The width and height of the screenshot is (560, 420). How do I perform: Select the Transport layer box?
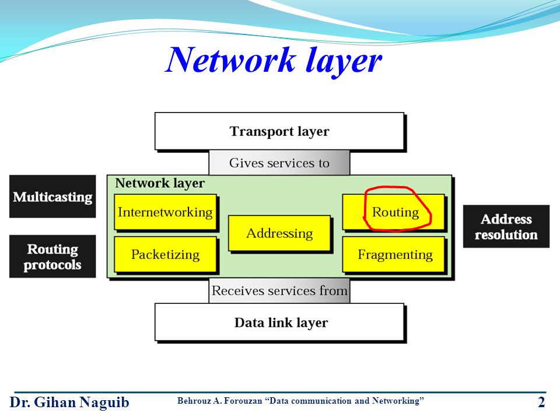pos(279,132)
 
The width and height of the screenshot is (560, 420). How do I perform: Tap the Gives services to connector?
pos(279,163)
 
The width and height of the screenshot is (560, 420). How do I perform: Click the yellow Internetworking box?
pos(165,212)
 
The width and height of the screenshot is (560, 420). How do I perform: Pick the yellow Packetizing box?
pos(165,254)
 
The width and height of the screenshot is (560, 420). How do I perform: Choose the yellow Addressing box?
pos(279,233)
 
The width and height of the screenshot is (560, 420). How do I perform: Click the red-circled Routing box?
pos(394,212)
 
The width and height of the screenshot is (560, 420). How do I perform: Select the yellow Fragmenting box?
pos(394,254)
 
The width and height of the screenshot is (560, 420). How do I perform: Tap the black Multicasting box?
pos(52,197)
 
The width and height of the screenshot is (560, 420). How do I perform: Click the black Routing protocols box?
pos(52,257)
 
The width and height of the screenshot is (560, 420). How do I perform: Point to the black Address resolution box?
pos(506,227)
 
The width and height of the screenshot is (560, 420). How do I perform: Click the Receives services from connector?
pos(279,290)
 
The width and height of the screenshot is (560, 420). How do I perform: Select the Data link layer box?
pos(280,323)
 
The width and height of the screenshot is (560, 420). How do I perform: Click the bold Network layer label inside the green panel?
pos(159,183)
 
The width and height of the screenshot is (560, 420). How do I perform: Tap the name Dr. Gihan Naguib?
pos(69,402)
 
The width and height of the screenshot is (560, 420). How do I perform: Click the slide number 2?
pos(541,402)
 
